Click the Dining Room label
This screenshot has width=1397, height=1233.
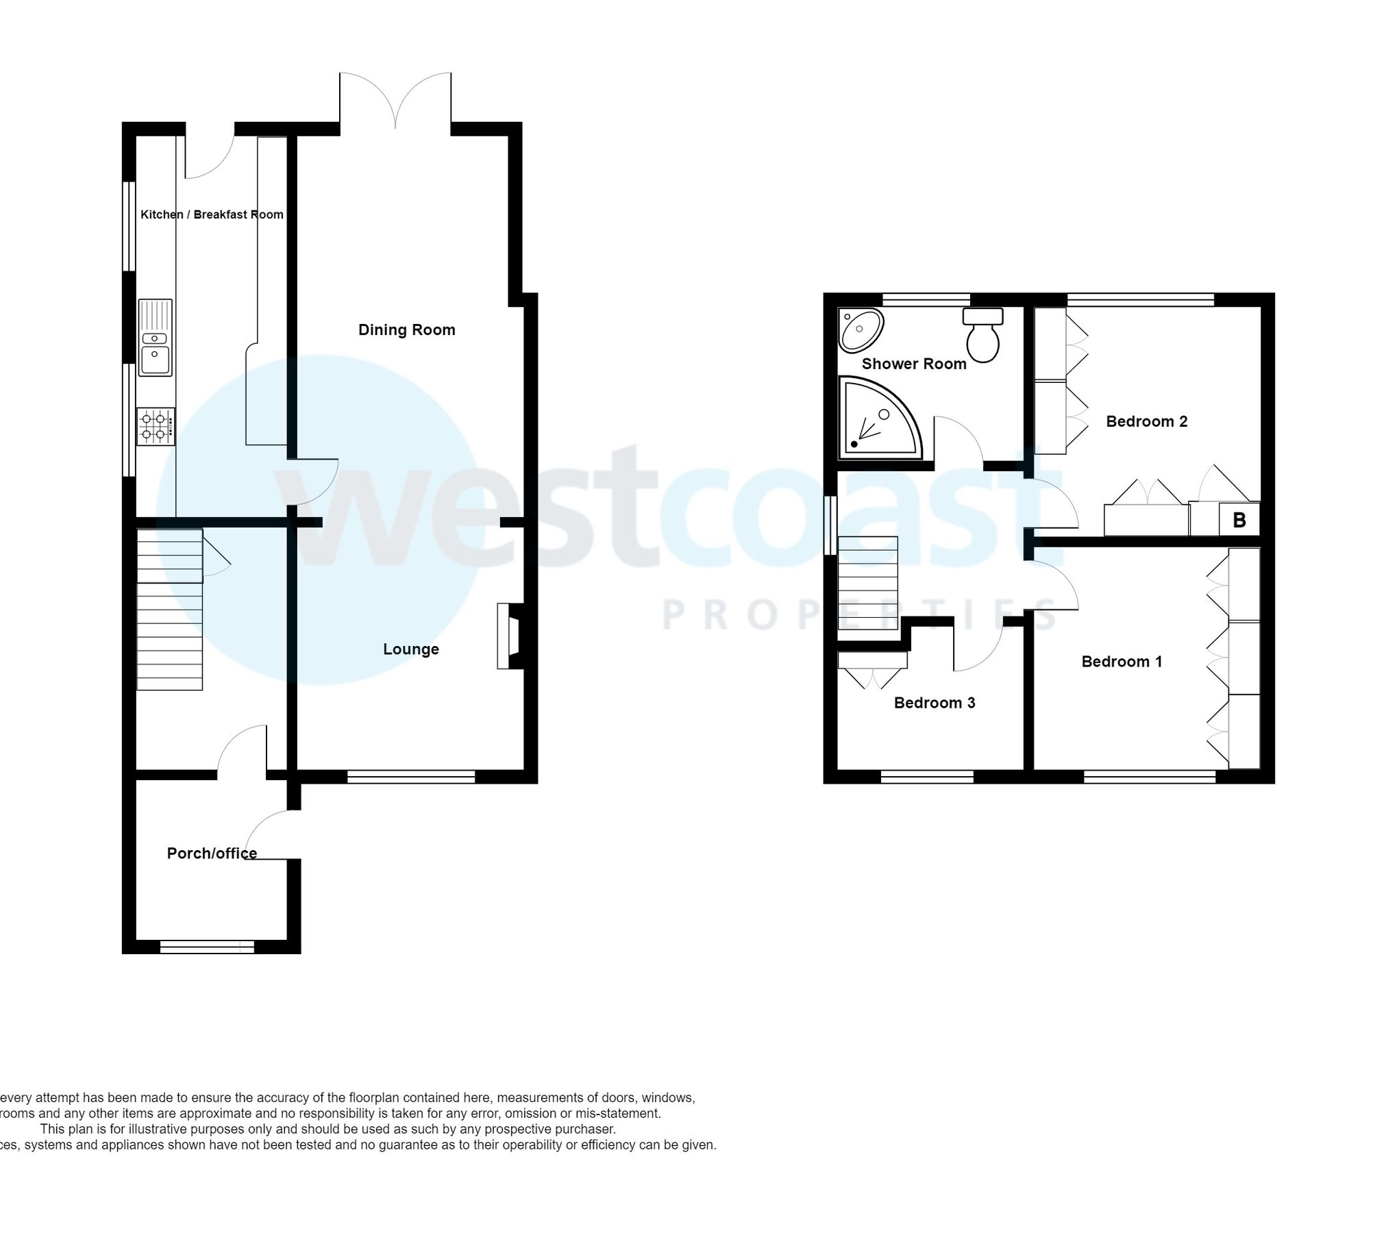tap(406, 330)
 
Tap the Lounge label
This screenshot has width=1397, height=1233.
tap(410, 649)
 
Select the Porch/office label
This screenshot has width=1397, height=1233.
tap(212, 854)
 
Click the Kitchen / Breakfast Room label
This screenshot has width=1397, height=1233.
tap(212, 215)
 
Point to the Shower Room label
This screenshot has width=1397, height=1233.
tap(913, 364)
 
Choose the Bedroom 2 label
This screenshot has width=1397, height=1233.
tap(1146, 422)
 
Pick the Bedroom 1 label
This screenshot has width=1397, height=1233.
tap(1122, 662)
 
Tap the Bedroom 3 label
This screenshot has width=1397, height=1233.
tap(934, 703)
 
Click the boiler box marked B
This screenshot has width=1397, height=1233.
tap(1239, 520)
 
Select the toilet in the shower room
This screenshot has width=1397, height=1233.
tap(982, 335)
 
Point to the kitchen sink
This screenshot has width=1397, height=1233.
tap(156, 338)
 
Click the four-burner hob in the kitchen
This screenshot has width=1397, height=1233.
tap(156, 426)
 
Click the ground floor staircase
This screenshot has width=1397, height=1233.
tap(169, 610)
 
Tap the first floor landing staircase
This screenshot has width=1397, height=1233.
tap(867, 583)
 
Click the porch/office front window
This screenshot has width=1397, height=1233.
tap(207, 947)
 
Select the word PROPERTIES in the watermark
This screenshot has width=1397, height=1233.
tap(861, 614)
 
